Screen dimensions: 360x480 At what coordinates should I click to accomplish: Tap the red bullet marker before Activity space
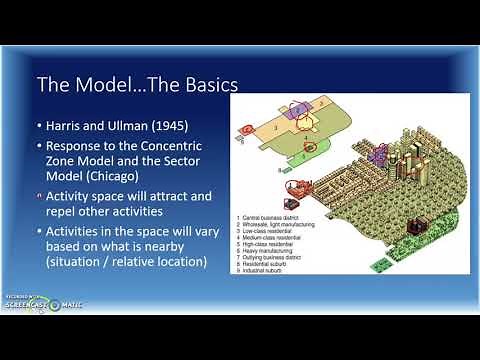[x=39, y=194]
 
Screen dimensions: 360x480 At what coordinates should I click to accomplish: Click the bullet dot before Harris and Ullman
[x=39, y=128]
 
